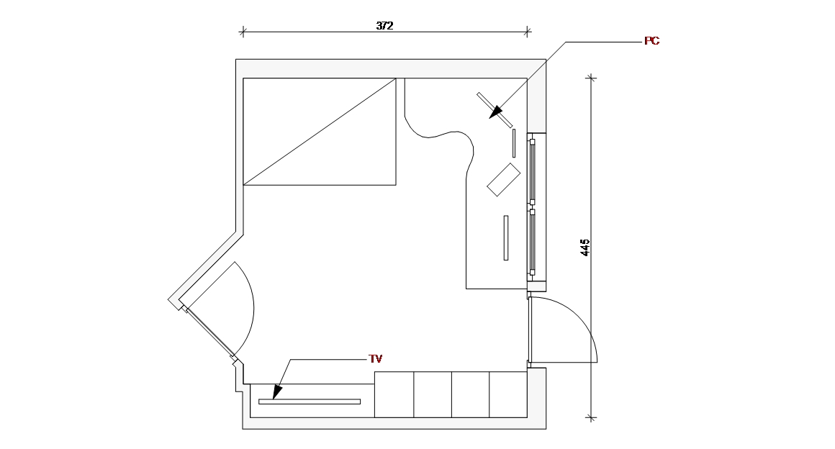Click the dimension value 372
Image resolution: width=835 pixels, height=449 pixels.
(x=385, y=25)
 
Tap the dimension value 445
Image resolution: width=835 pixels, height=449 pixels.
(x=585, y=248)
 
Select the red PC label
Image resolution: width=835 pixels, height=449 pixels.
(x=651, y=41)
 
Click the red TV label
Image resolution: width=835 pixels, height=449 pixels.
(x=375, y=358)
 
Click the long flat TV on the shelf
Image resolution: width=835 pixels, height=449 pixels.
(x=310, y=402)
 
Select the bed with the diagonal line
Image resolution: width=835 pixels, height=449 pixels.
(x=320, y=132)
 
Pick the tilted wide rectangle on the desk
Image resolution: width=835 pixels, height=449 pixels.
(x=504, y=179)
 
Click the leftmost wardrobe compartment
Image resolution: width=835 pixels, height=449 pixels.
(x=394, y=394)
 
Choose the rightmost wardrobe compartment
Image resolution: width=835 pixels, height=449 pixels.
(x=508, y=394)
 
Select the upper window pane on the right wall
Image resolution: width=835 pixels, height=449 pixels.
(x=533, y=172)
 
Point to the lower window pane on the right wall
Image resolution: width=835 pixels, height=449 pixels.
(x=533, y=242)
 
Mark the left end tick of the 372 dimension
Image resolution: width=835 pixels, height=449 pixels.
(x=243, y=31)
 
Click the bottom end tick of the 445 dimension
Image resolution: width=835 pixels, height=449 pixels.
(x=591, y=417)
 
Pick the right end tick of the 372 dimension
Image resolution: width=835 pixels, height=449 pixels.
(x=528, y=31)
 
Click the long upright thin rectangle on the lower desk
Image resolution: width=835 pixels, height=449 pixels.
(x=506, y=237)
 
